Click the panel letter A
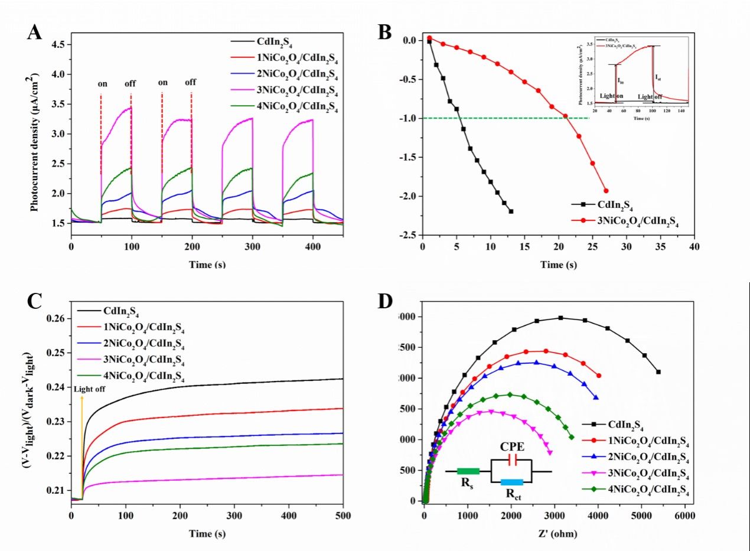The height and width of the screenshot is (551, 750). click(x=35, y=32)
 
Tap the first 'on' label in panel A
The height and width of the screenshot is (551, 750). click(x=103, y=83)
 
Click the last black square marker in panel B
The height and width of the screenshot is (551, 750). click(x=511, y=211)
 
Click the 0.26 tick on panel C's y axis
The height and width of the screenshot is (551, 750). click(x=57, y=319)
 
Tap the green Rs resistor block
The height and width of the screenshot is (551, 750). click(x=468, y=471)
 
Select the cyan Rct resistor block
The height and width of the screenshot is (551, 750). click(x=512, y=482)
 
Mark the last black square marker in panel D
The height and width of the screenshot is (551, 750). click(x=658, y=372)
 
